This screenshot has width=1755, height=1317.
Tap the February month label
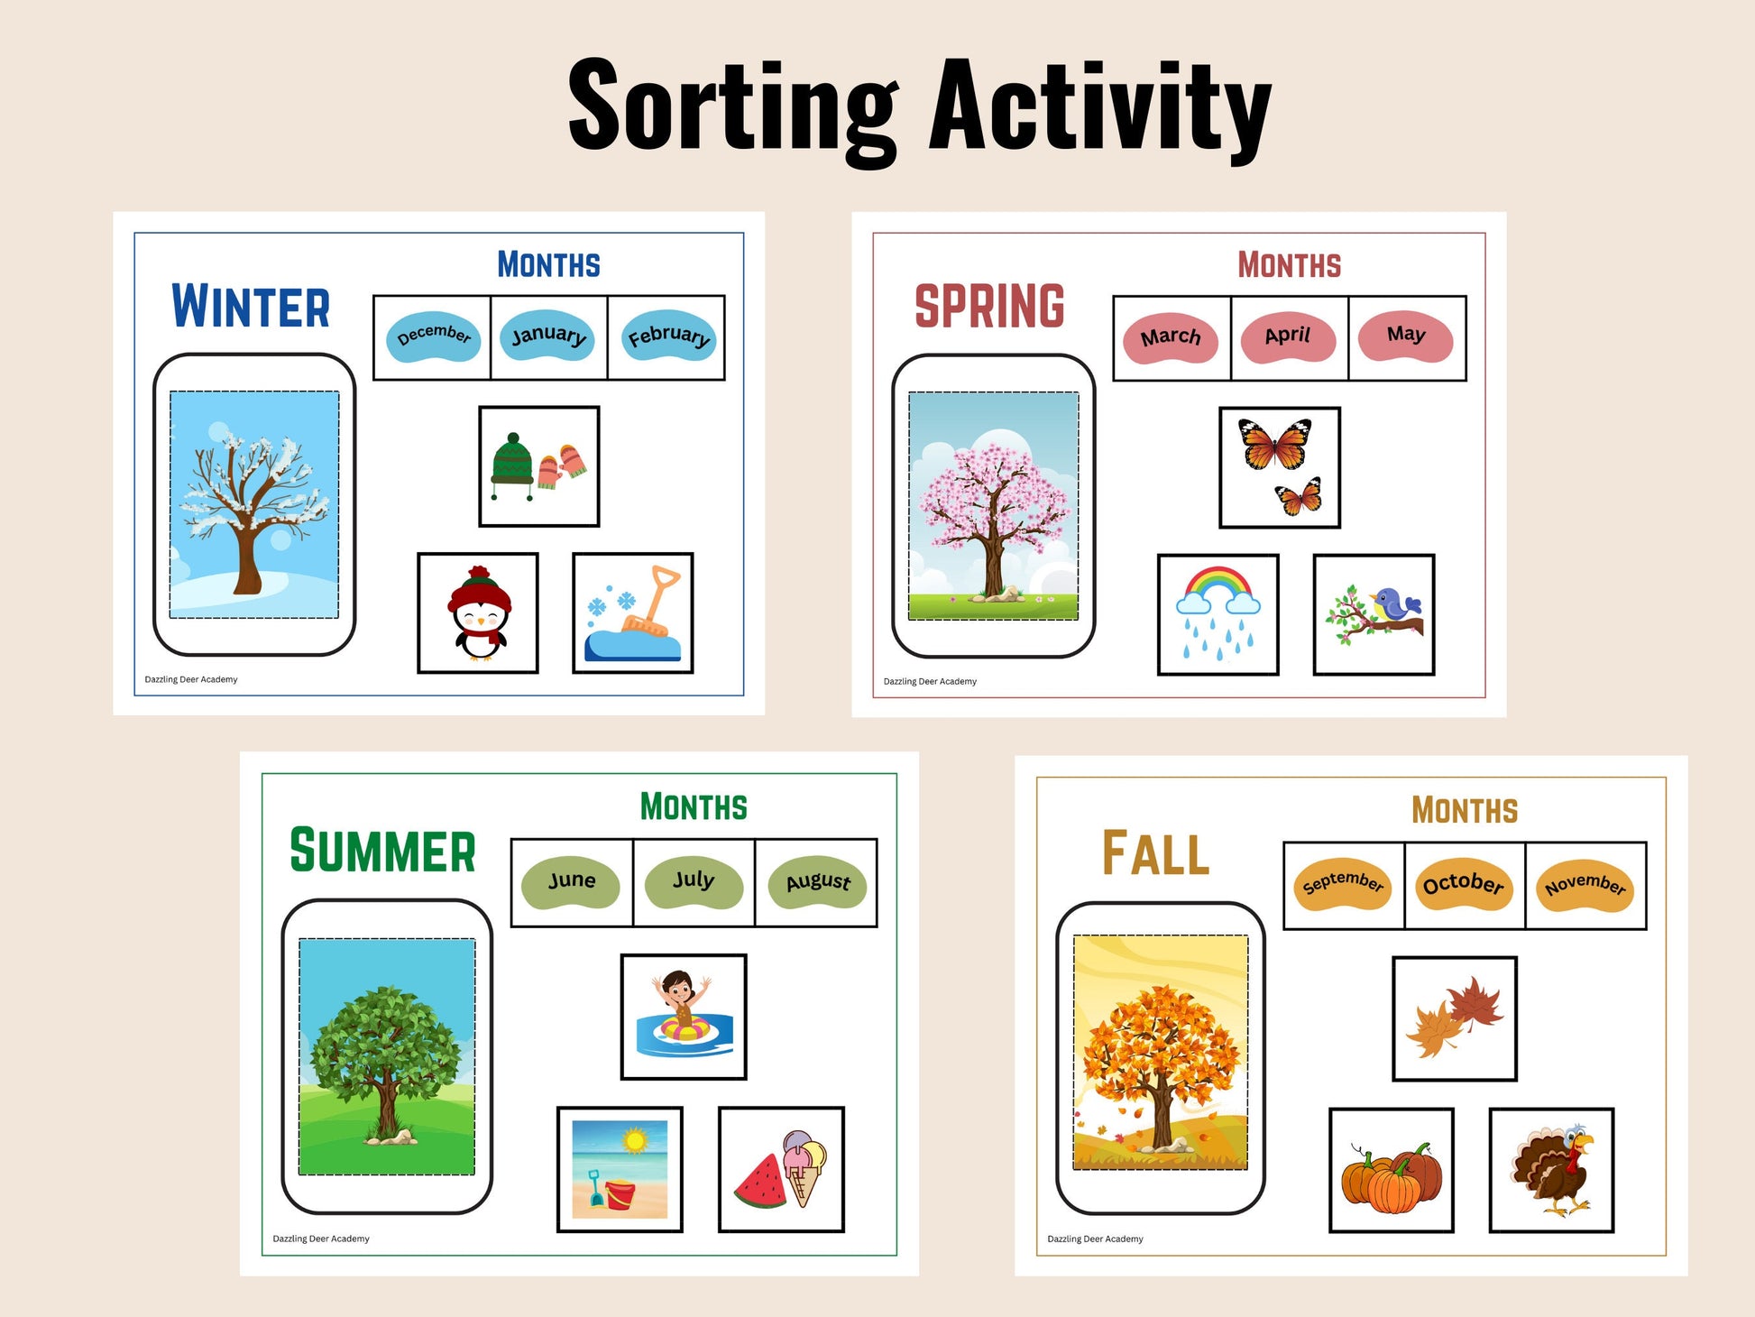(x=669, y=336)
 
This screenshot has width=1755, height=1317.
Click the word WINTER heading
(x=251, y=306)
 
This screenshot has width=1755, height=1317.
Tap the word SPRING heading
(x=989, y=306)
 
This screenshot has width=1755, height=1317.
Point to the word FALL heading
(x=1155, y=853)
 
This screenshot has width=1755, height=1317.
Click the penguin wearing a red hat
(x=480, y=613)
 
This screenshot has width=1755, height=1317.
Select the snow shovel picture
(x=634, y=613)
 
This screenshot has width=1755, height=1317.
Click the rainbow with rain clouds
(x=1217, y=614)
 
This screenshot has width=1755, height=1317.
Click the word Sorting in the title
(x=733, y=106)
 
